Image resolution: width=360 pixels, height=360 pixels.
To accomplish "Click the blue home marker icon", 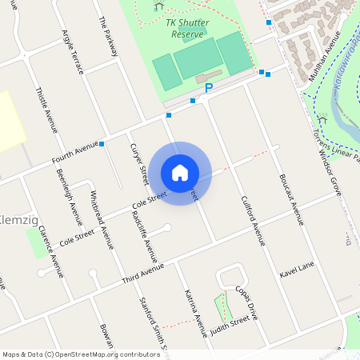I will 180,172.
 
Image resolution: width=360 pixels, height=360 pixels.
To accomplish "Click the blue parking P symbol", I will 209,88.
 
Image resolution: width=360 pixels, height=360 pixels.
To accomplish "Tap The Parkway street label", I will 107,36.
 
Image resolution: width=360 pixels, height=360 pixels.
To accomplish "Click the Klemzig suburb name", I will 14,218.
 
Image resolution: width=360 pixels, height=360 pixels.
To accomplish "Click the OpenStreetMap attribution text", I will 81,354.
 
